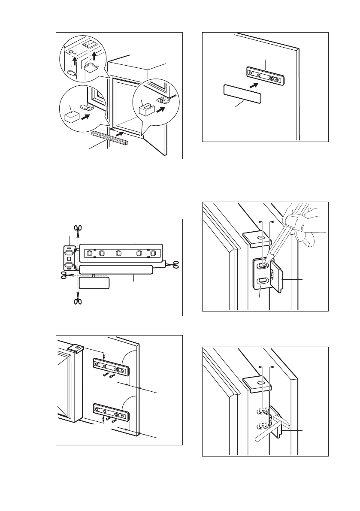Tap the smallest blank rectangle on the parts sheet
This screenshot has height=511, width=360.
(94, 283)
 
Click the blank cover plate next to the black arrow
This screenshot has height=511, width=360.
(242, 94)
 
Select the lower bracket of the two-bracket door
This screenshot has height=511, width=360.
(111, 413)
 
